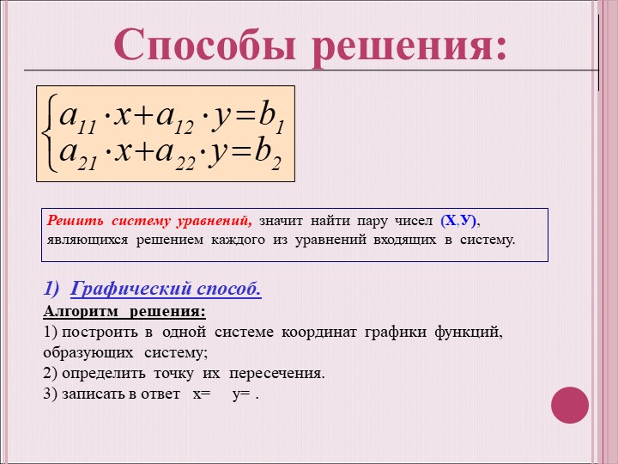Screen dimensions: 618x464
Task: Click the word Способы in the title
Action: [204, 44]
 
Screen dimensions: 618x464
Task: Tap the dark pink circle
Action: [570, 405]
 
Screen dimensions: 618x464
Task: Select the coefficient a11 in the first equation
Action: [77, 119]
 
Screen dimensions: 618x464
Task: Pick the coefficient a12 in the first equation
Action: [175, 119]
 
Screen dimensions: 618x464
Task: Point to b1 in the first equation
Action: [271, 119]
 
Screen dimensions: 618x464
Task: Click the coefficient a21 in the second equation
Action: [78, 155]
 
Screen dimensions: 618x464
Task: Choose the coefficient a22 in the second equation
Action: [175, 155]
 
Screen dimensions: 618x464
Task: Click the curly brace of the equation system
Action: [50, 133]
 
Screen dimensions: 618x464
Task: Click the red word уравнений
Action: [215, 222]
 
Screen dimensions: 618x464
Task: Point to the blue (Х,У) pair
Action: [458, 221]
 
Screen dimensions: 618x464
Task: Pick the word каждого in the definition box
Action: [238, 240]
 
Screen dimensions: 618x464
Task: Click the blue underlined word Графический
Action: [130, 289]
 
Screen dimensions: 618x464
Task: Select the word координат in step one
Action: [318, 333]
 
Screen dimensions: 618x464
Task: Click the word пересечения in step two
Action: [276, 373]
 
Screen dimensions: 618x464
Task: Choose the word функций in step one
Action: [469, 333]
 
